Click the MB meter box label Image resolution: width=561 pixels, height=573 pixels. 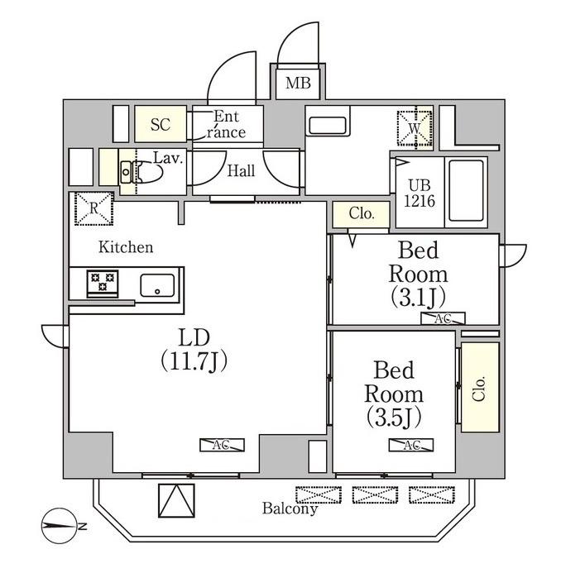click(298, 83)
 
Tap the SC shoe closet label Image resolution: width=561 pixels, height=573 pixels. click(161, 125)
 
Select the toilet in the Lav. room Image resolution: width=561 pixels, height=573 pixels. click(142, 171)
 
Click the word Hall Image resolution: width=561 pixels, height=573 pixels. click(241, 171)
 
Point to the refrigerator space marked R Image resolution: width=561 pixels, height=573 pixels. click(94, 208)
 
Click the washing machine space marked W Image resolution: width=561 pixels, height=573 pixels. click(415, 128)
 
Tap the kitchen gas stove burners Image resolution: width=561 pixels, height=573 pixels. click(103, 283)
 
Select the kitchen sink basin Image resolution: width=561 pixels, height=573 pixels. click(157, 285)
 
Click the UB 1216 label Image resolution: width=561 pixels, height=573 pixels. click(420, 193)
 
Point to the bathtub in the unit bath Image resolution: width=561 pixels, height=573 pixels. click(467, 191)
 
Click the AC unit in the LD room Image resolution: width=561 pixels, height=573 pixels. click(222, 445)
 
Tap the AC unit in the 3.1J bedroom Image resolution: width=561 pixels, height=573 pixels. click(443, 318)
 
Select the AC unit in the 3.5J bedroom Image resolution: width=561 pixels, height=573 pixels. click(411, 445)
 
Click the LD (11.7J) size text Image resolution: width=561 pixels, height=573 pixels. click(194, 350)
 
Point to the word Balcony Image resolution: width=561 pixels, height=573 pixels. click(290, 509)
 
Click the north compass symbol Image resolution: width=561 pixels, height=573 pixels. click(60, 526)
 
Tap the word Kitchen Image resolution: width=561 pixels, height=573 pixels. click(126, 247)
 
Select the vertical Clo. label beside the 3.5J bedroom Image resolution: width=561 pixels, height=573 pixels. click(479, 389)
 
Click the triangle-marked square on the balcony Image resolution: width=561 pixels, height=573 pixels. click(176, 500)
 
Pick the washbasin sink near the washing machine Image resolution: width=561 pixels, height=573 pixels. click(328, 125)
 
